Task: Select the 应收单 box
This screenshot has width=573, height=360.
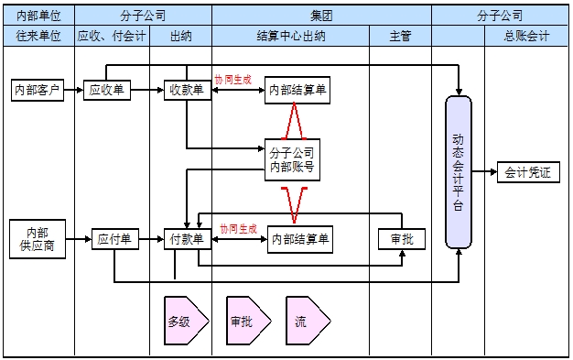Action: pyautogui.click(x=107, y=90)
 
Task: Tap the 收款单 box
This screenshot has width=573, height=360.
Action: pyautogui.click(x=186, y=90)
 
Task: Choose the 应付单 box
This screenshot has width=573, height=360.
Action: pyautogui.click(x=114, y=240)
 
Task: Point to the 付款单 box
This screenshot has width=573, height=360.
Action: pyautogui.click(x=188, y=240)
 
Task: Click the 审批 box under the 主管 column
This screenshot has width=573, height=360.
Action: pyautogui.click(x=402, y=238)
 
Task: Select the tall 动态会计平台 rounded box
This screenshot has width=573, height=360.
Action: pyautogui.click(x=459, y=171)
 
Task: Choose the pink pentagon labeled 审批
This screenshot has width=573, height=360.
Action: pyautogui.click(x=245, y=322)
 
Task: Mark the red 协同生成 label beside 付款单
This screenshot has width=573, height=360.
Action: pyautogui.click(x=238, y=229)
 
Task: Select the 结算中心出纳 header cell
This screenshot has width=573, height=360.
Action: pyautogui.click(x=290, y=36)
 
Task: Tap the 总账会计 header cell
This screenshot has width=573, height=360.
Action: pyautogui.click(x=526, y=36)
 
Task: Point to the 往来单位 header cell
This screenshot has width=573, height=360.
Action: pyautogui.click(x=38, y=36)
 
